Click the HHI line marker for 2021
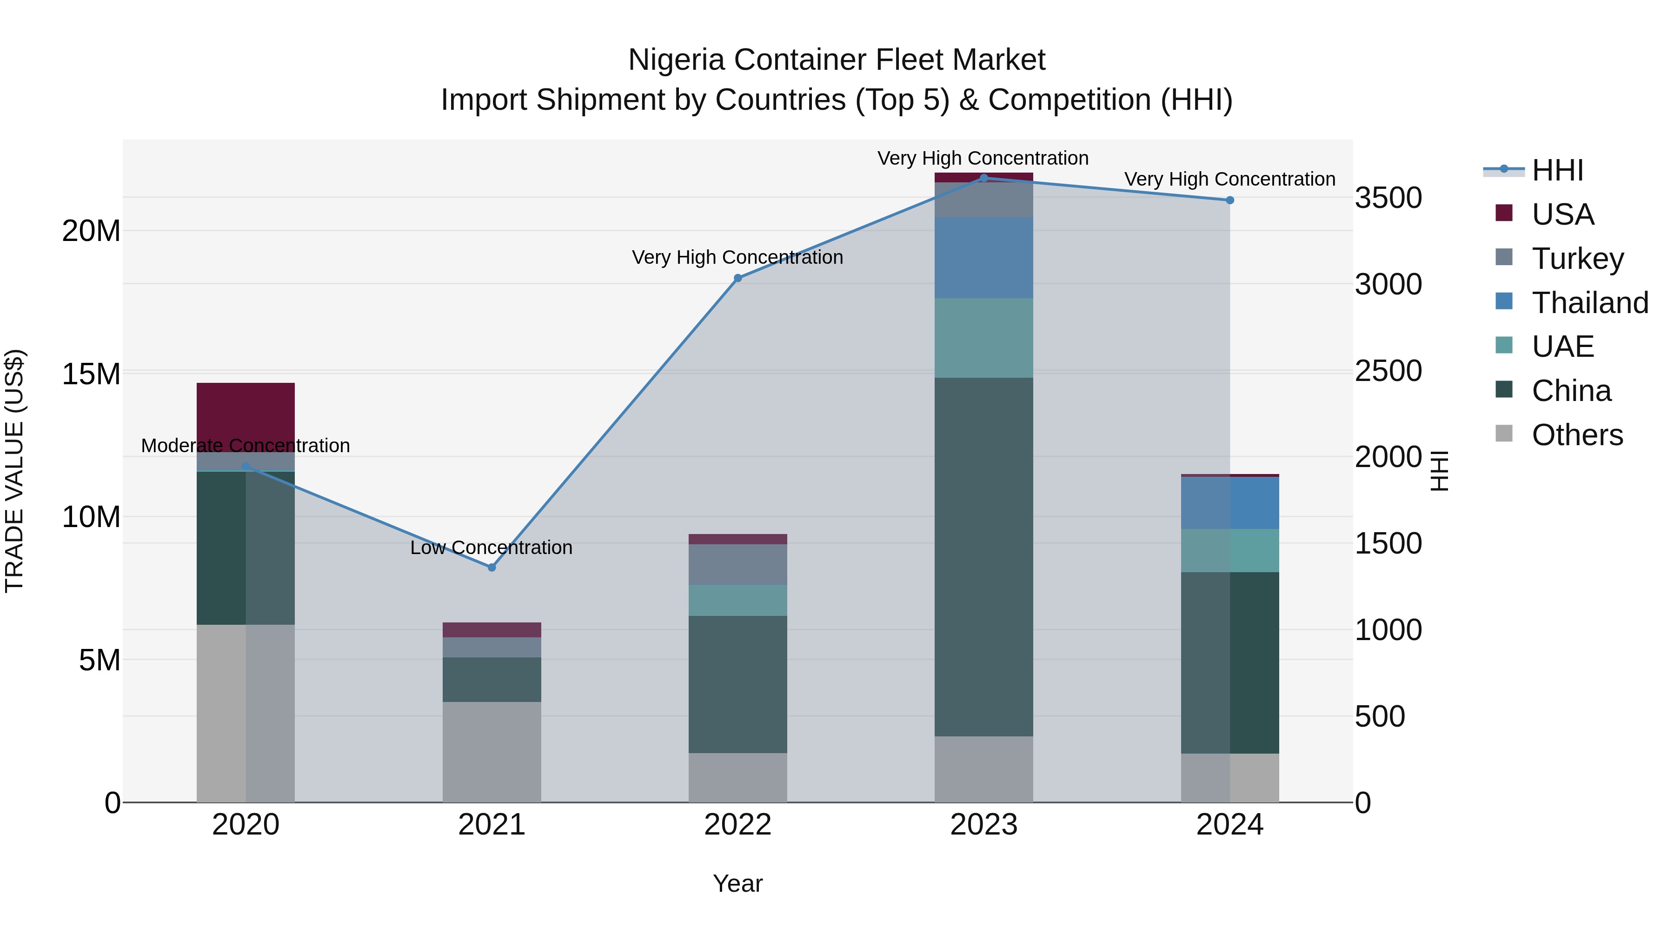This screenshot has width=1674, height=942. pos(492,568)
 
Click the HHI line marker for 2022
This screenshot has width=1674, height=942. pos(737,278)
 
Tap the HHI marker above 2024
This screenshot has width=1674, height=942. pos(1229,200)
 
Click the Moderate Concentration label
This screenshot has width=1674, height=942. pos(245,446)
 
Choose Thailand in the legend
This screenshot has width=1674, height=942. pos(1589,303)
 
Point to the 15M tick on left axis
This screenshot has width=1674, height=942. pos(91,374)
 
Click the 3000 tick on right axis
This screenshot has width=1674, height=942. pos(1388,285)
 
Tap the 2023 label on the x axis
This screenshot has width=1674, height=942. pos(983,825)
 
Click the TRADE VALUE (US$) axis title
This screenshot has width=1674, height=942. pos(14,471)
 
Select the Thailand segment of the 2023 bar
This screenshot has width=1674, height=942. pos(983,258)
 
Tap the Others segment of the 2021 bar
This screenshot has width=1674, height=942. pos(492,752)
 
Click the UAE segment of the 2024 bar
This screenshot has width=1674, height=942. pos(1229,551)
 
